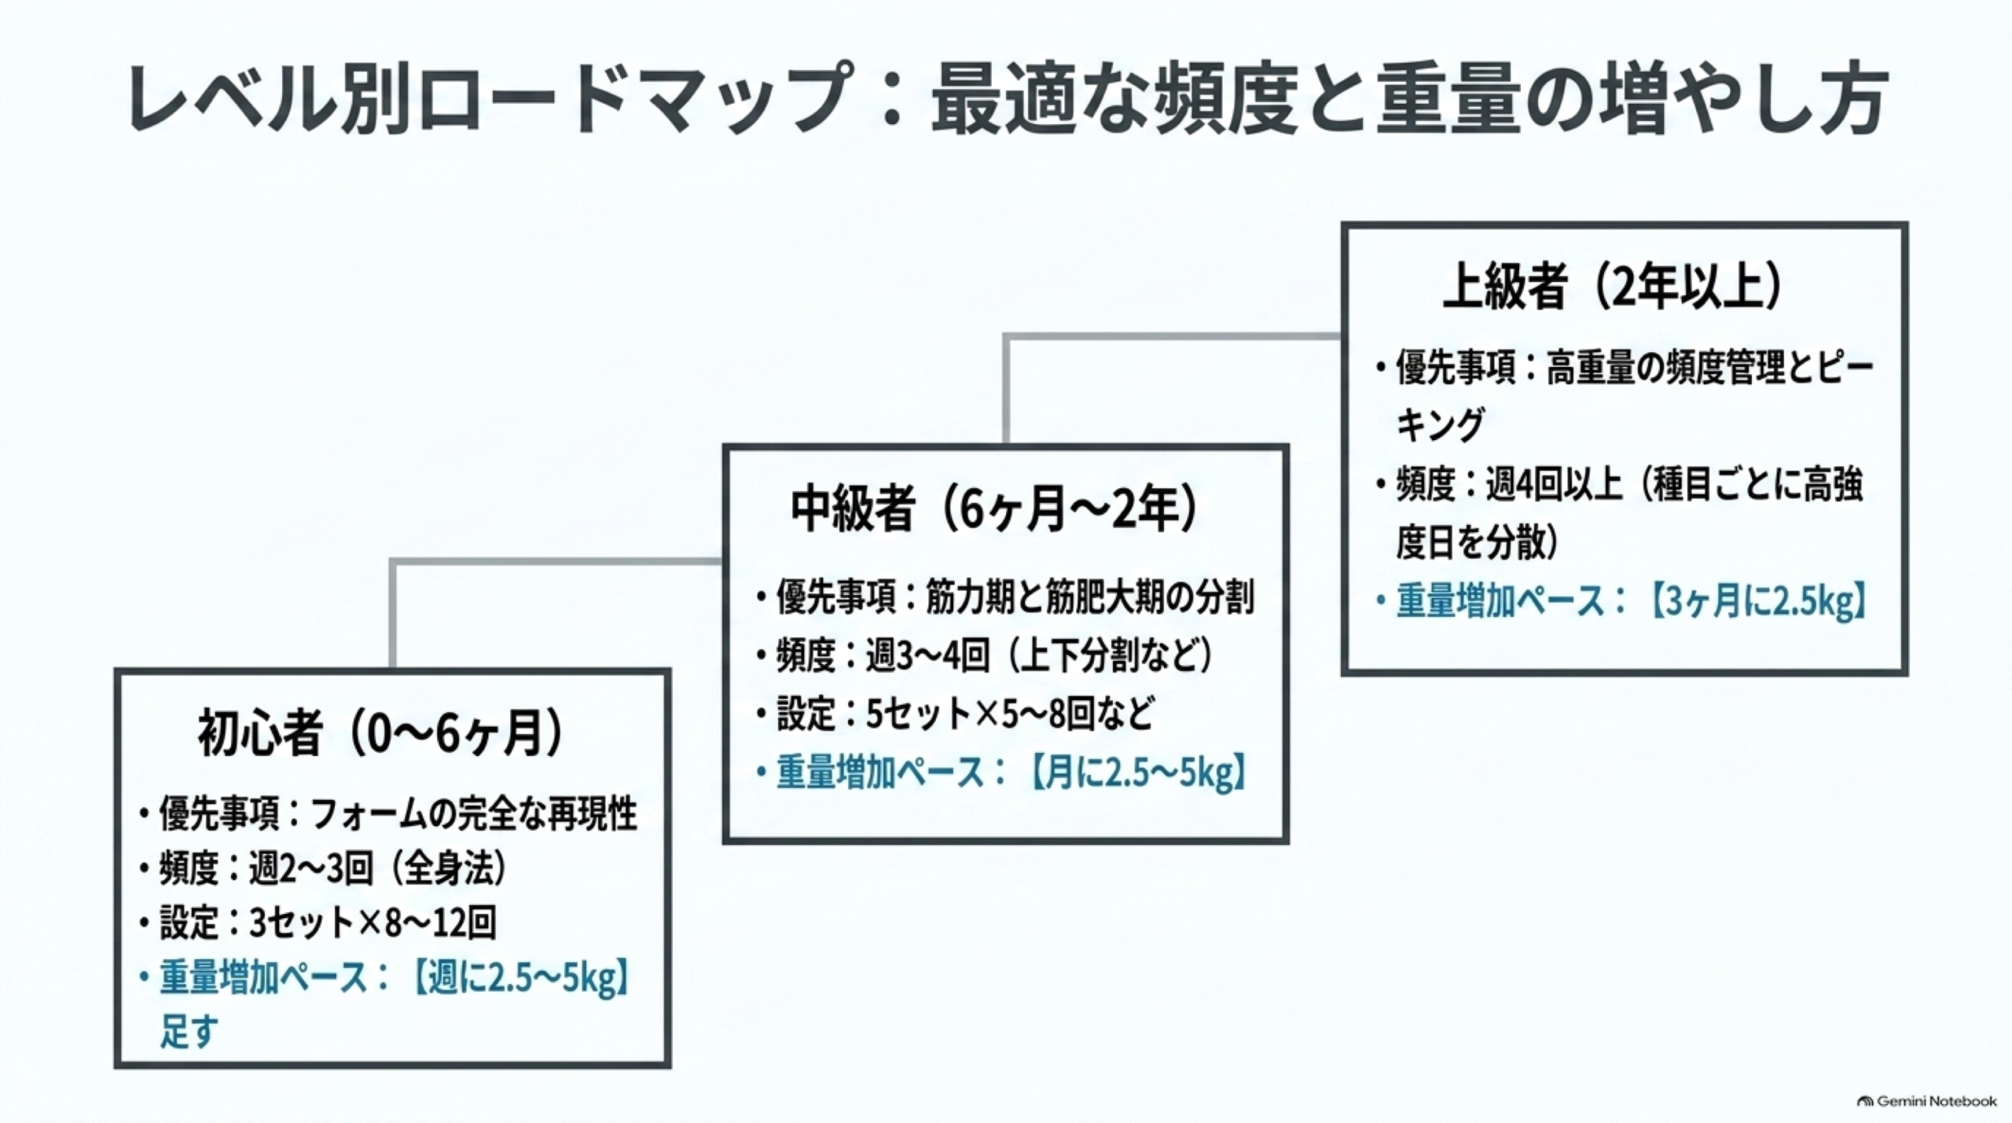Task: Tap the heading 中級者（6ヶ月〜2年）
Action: (x=995, y=509)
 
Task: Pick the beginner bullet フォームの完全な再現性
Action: (x=474, y=814)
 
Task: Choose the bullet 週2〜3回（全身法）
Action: (x=377, y=868)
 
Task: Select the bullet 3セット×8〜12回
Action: (x=373, y=923)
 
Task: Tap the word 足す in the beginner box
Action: (x=189, y=1031)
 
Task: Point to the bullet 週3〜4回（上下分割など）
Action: (x=1040, y=655)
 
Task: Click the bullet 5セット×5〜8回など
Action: (x=1010, y=714)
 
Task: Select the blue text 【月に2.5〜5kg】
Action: (x=1137, y=773)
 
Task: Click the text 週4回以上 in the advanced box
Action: (x=1554, y=484)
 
